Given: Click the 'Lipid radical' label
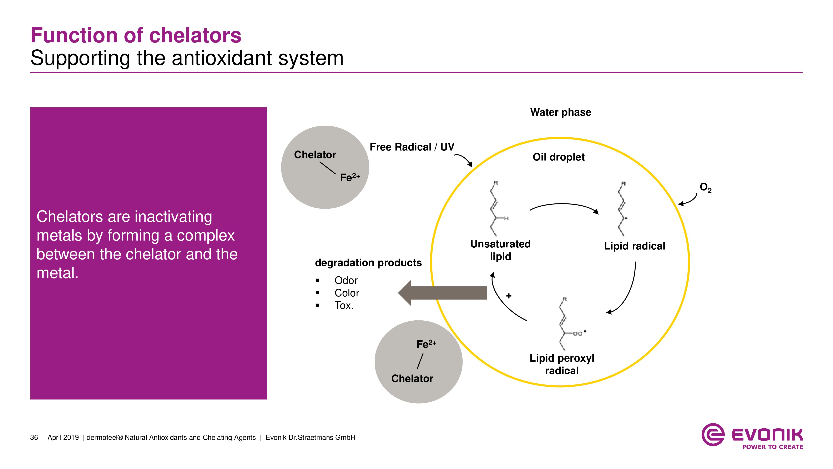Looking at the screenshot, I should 634,246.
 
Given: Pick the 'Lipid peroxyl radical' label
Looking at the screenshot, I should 562,364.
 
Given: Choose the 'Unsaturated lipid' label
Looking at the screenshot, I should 500,250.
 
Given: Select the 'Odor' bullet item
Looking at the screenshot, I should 346,280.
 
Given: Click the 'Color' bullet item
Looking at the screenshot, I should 347,293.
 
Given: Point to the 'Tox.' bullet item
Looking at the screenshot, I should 344,305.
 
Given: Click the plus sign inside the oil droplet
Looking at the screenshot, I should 509,296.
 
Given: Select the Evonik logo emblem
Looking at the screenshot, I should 712,434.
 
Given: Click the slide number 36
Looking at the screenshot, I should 34,438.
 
